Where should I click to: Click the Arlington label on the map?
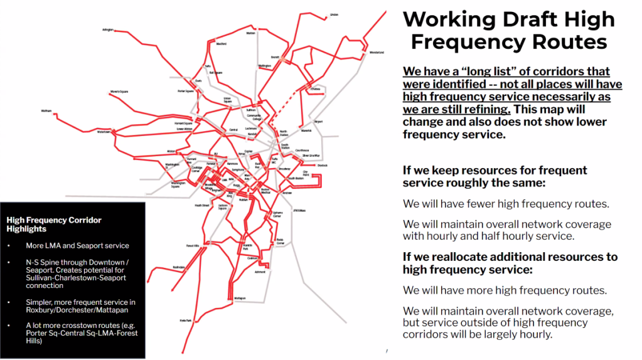(x=107, y=29)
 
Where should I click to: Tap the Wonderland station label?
(x=377, y=52)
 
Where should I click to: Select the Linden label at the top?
(x=334, y=14)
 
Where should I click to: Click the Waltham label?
(x=46, y=111)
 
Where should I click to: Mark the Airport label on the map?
(x=318, y=121)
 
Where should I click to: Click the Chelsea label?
(x=315, y=89)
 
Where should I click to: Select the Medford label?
(x=221, y=45)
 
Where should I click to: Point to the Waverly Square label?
(x=119, y=92)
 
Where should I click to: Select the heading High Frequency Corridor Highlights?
(x=53, y=225)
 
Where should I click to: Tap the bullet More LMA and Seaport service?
(x=77, y=246)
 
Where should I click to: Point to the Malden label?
(x=250, y=33)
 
